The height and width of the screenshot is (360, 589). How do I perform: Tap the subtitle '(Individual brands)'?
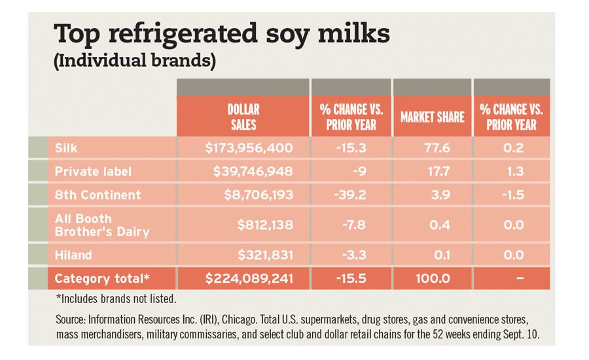tap(134, 62)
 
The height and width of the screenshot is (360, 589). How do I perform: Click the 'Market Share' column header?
tap(432, 117)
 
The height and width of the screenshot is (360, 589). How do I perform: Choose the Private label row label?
tap(93, 171)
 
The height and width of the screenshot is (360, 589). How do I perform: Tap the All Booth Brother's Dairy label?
tap(101, 225)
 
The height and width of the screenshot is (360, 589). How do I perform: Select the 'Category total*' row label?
tap(102, 279)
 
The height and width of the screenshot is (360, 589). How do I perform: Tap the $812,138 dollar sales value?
tap(265, 225)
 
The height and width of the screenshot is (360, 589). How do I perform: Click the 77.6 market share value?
tap(437, 148)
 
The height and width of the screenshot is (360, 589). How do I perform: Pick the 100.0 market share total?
tap(432, 279)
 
